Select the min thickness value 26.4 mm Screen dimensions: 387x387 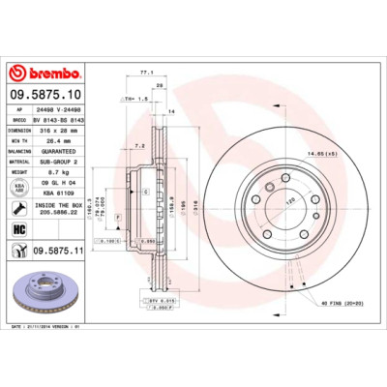pyautogui.click(x=52, y=140)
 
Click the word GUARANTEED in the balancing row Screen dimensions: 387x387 pyautogui.click(x=60, y=150)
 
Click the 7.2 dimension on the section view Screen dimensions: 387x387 pyautogui.click(x=138, y=146)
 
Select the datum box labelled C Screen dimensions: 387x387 pyautogui.click(x=146, y=193)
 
